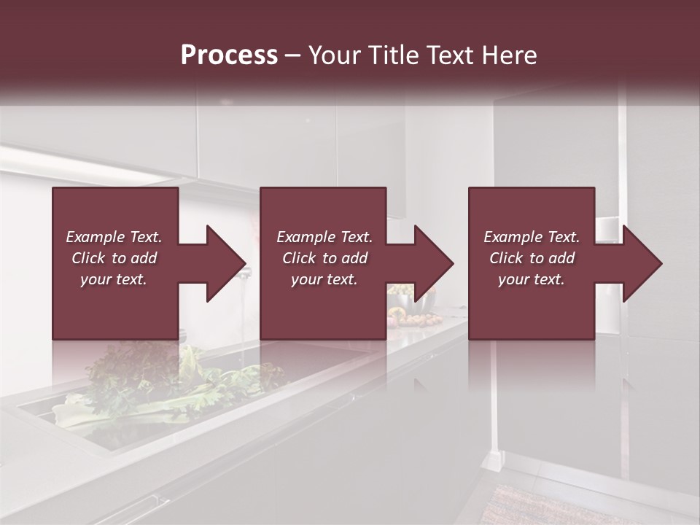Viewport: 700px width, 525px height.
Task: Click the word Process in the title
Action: pyautogui.click(x=229, y=55)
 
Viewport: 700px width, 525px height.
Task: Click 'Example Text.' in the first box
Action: pyautogui.click(x=114, y=237)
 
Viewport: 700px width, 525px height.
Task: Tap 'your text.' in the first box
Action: pyautogui.click(x=114, y=279)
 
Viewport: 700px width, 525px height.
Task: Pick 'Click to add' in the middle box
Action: pyautogui.click(x=324, y=258)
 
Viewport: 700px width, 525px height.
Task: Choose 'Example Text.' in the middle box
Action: pyautogui.click(x=324, y=237)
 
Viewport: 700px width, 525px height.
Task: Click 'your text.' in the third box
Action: pyautogui.click(x=532, y=279)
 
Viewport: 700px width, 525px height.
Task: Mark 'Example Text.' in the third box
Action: pyautogui.click(x=532, y=237)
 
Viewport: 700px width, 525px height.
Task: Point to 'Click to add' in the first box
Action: pyautogui.click(x=114, y=258)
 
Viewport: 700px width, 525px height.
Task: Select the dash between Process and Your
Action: pyautogui.click(x=292, y=56)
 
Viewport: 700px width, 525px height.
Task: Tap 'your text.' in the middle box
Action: pyautogui.click(x=324, y=279)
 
